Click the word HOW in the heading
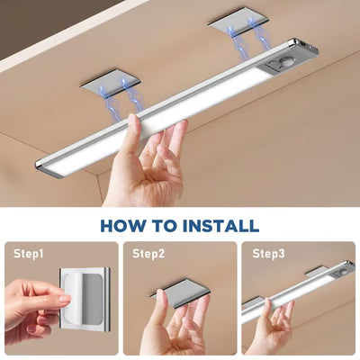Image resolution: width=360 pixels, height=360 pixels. coord(125,225)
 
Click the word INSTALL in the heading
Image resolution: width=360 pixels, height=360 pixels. coord(220,225)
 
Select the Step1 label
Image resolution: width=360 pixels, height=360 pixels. coord(29,254)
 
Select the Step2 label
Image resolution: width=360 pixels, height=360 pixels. coord(149,254)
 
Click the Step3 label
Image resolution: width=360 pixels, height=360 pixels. coord(268,254)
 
